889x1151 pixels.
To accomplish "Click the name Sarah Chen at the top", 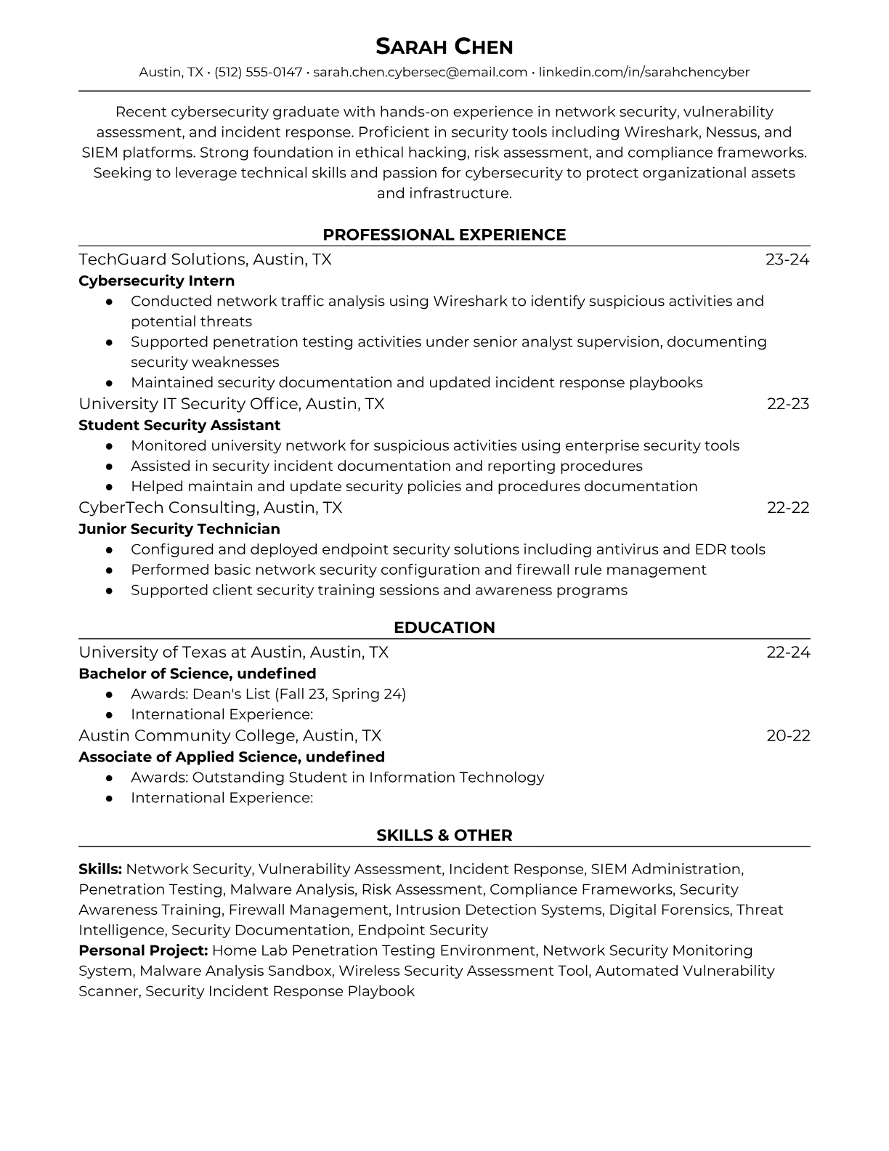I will (x=444, y=47).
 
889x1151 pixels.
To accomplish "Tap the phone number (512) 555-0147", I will (x=258, y=72).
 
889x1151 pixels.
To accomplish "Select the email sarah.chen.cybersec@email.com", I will (x=420, y=72).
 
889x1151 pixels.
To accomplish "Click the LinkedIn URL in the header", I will (x=644, y=72).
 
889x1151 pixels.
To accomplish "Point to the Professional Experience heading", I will (x=444, y=235).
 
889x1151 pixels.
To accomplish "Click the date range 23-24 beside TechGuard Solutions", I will (x=787, y=259).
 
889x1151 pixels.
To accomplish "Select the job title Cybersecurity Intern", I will (x=156, y=280).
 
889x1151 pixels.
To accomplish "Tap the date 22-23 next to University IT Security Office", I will (x=788, y=404).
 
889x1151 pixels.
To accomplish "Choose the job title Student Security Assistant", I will (x=179, y=425).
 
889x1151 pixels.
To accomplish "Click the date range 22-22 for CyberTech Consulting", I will (x=788, y=508).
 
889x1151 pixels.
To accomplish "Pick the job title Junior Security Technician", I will (x=179, y=529).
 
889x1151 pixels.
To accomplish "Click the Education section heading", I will (x=444, y=628).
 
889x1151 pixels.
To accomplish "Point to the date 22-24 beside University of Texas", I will (x=788, y=653).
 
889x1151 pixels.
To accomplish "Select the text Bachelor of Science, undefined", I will (x=198, y=674).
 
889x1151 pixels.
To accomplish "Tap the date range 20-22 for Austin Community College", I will (x=788, y=736).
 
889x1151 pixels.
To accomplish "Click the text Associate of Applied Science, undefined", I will (x=232, y=757).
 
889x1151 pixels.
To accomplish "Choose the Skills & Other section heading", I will (x=444, y=836).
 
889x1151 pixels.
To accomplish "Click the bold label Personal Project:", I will (x=143, y=950).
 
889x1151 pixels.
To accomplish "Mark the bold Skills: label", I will (x=100, y=869).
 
